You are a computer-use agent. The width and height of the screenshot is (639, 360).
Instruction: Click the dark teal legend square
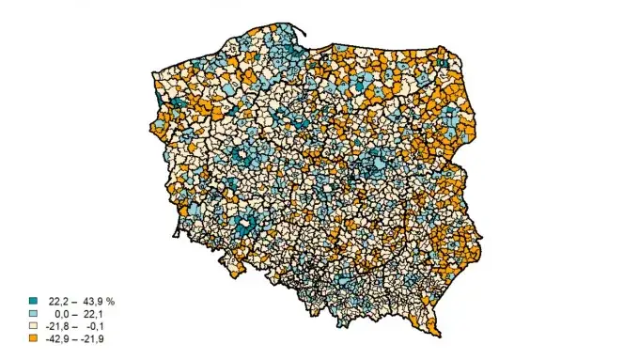[34, 302]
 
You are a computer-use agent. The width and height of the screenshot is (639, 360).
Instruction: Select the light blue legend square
[34, 314]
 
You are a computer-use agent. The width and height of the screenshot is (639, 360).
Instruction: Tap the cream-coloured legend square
[34, 326]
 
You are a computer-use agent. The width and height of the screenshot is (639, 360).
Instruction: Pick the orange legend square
[34, 338]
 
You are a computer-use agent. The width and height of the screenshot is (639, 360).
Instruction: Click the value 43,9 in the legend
[92, 302]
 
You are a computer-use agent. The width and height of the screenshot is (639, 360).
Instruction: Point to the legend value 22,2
[58, 302]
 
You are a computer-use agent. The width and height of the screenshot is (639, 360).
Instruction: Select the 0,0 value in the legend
[62, 314]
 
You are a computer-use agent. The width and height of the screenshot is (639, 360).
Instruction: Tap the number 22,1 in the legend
[92, 314]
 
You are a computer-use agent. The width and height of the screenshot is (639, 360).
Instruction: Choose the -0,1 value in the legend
[94, 326]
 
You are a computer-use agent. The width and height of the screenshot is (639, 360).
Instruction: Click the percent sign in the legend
[111, 302]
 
